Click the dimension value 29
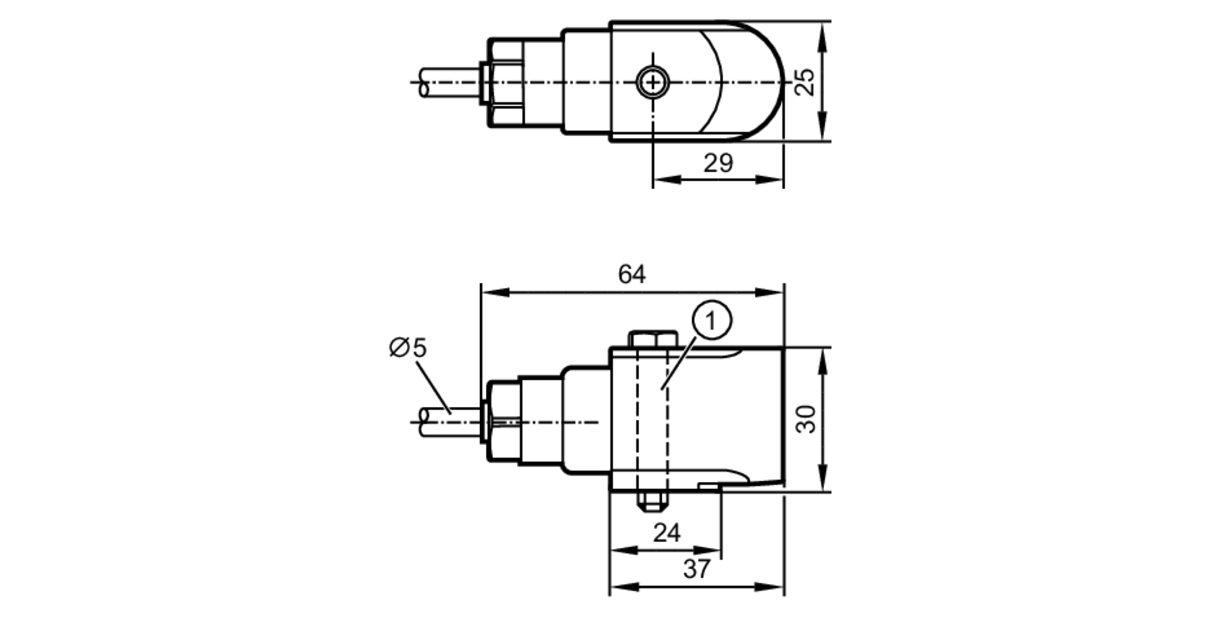(717, 164)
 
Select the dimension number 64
(631, 275)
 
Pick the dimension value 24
(666, 533)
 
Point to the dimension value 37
(697, 569)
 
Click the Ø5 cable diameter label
(408, 348)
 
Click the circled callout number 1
(711, 320)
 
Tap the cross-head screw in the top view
(653, 82)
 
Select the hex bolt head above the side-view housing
(653, 339)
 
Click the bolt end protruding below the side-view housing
(653, 502)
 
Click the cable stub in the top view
(449, 82)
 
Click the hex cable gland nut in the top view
(505, 82)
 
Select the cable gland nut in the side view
(505, 421)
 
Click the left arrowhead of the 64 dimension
(492, 293)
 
